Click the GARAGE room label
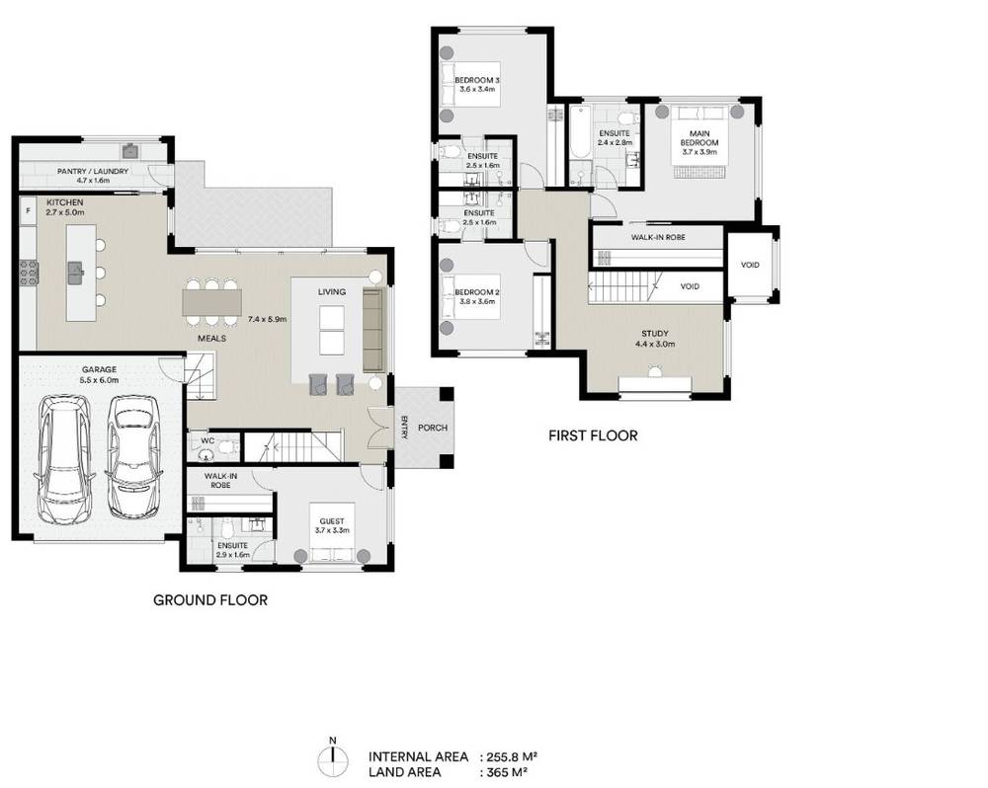click(99, 369)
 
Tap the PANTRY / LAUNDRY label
click(93, 172)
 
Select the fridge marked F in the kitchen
click(28, 211)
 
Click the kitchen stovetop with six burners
click(30, 273)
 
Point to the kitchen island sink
click(76, 273)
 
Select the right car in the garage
click(133, 456)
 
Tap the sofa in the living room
click(373, 330)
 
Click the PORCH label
click(433, 428)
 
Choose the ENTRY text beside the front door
click(404, 428)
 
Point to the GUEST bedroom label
click(332, 521)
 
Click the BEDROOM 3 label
click(477, 80)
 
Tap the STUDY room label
click(655, 334)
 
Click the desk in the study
click(655, 384)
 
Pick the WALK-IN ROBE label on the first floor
click(658, 237)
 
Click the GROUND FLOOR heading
click(210, 600)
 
